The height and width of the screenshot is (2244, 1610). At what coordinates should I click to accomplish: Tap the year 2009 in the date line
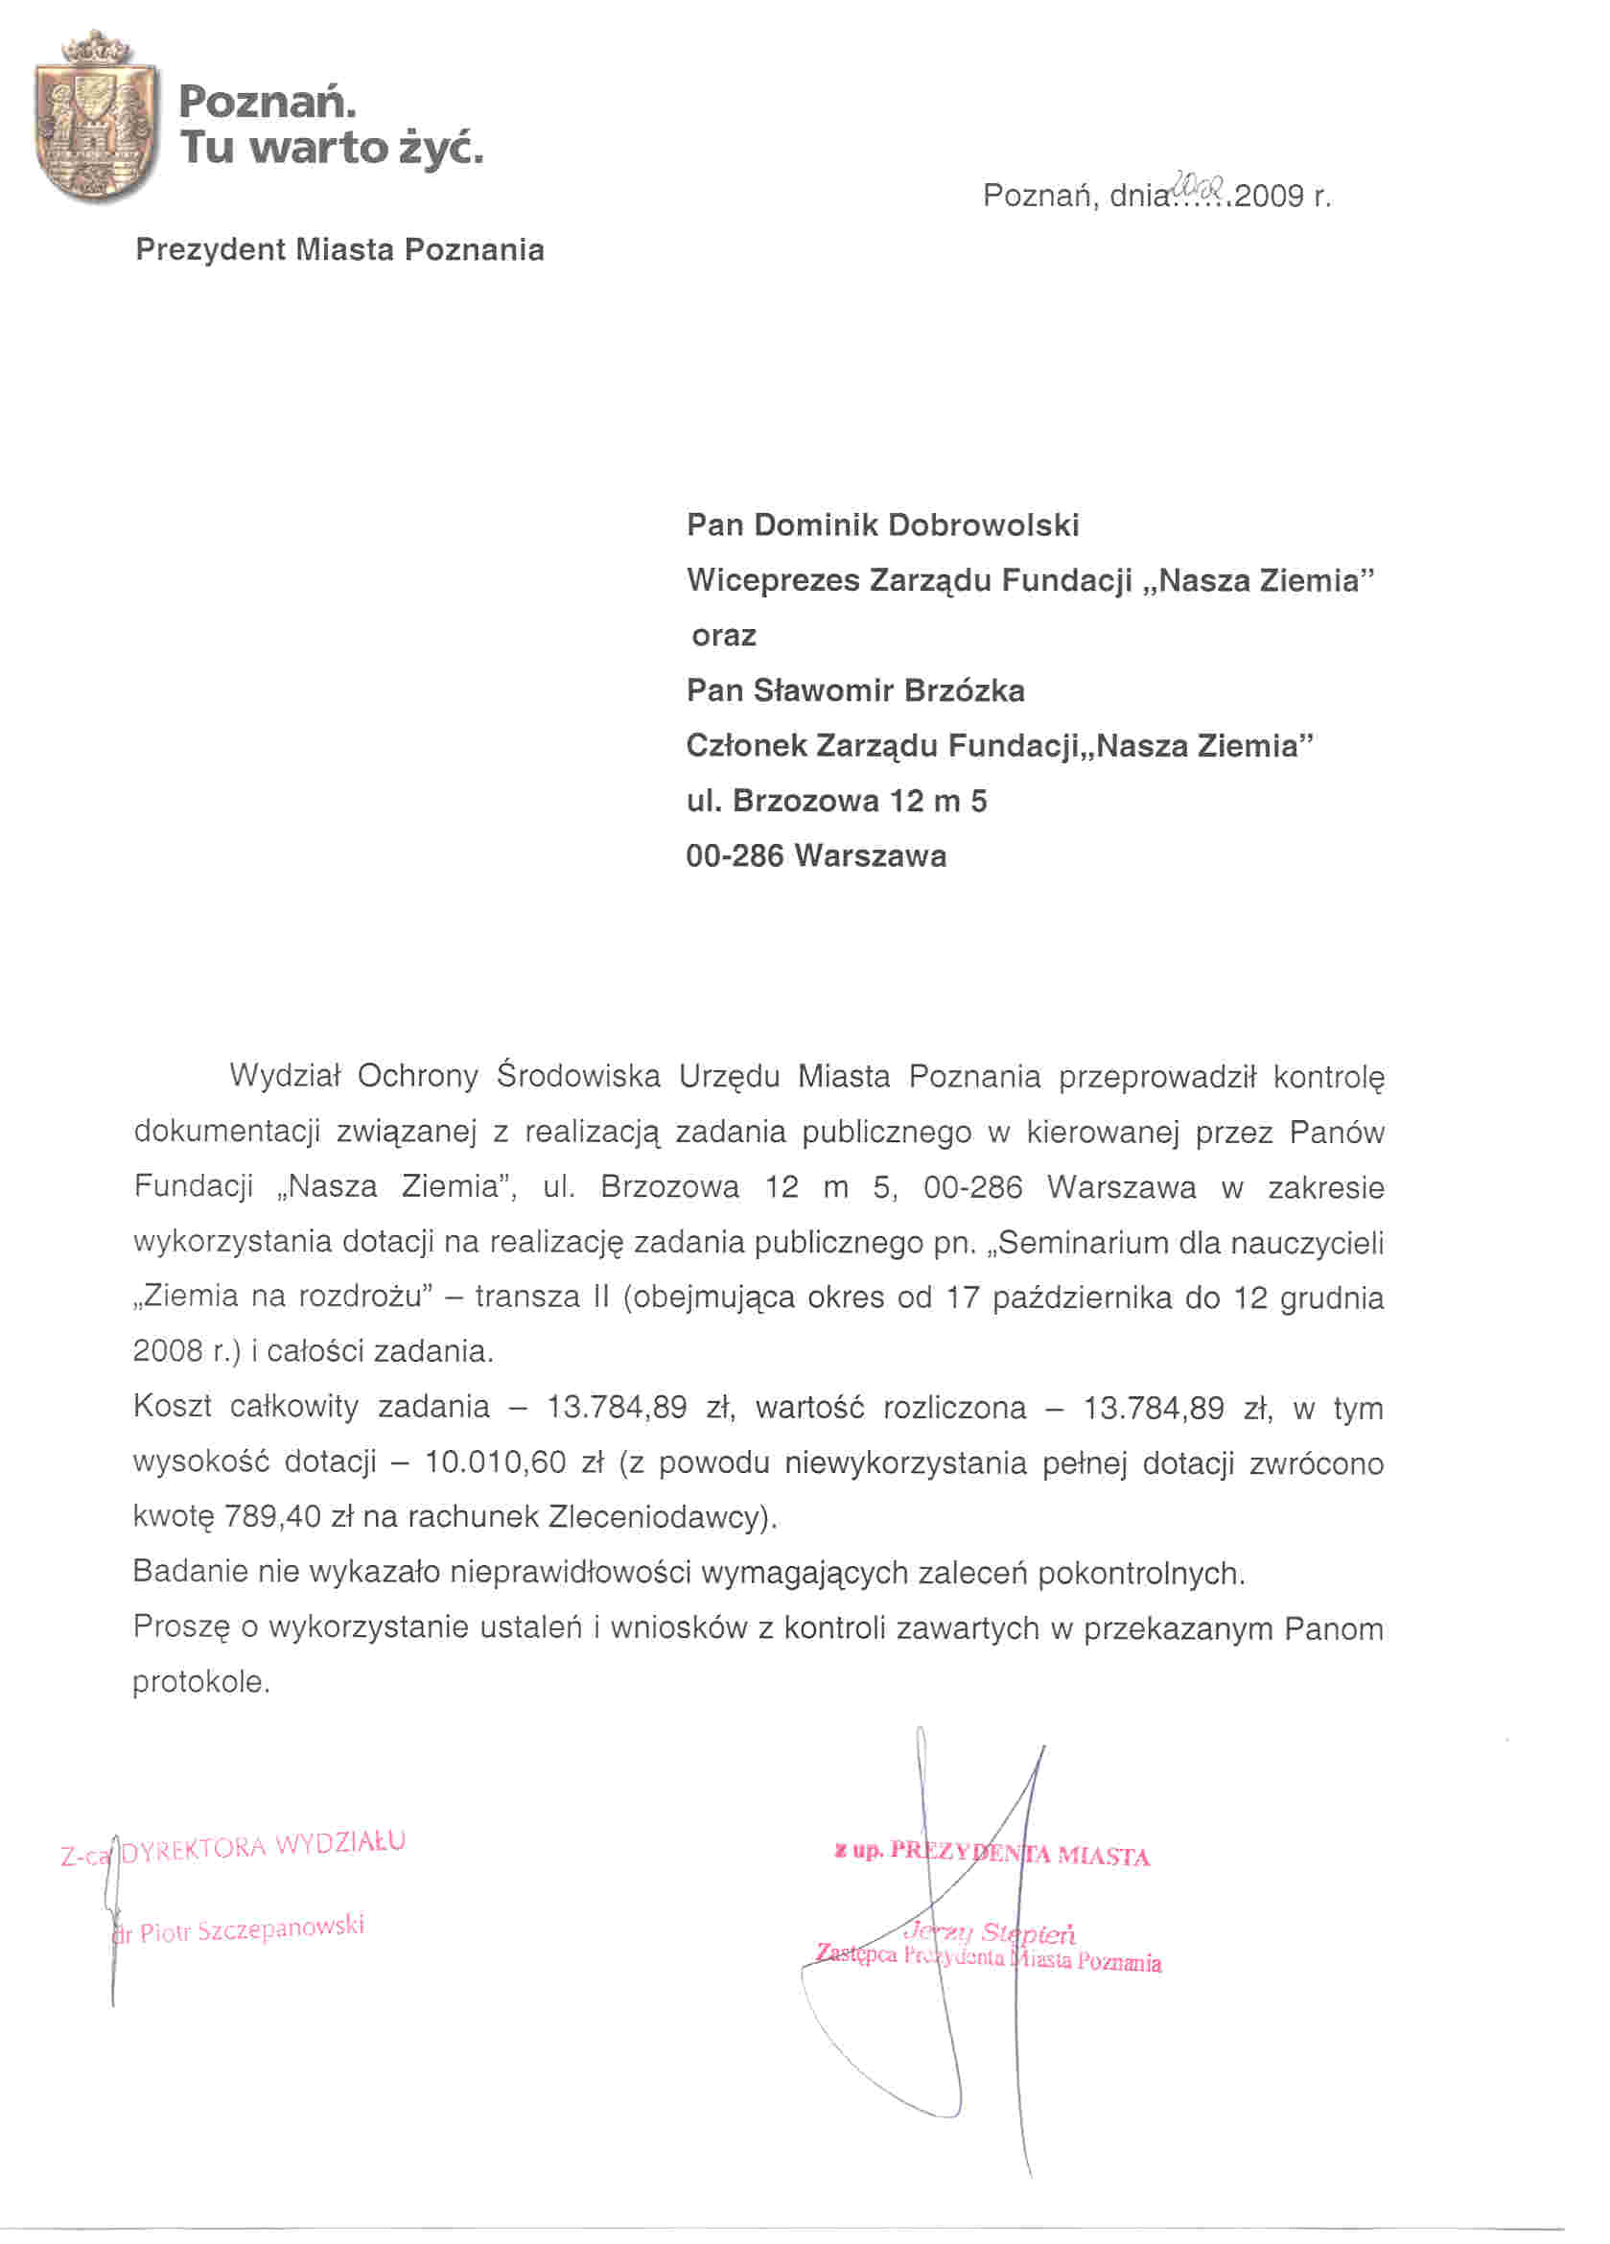tap(1268, 196)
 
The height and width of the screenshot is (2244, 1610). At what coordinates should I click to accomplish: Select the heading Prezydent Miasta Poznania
tap(339, 249)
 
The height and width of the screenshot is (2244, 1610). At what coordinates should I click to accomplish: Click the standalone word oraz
tap(723, 635)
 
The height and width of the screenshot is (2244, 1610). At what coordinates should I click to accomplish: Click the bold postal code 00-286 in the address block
tap(735, 854)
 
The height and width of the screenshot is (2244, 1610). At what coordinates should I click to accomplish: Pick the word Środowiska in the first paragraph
tap(578, 1076)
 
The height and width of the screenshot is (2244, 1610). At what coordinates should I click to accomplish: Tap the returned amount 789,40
tap(272, 1517)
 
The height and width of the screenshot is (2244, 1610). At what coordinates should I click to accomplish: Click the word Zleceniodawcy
tap(655, 1517)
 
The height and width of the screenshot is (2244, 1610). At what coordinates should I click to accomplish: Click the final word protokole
tap(200, 1682)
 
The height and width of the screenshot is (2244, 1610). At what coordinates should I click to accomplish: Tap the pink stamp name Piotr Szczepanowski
tap(251, 1930)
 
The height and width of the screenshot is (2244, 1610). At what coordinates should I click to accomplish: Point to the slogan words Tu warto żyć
tap(332, 148)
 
